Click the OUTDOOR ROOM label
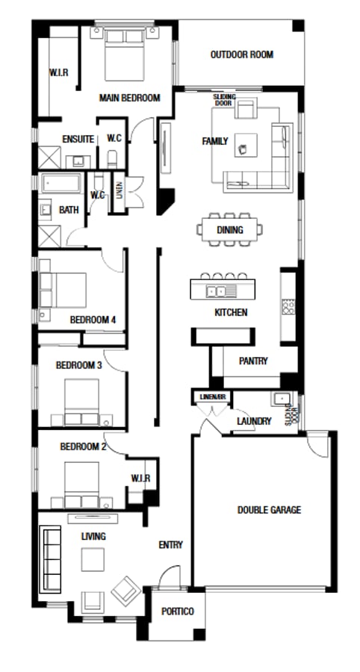[241, 55]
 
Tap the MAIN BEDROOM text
[130, 98]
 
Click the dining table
[230, 230]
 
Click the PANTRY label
[253, 361]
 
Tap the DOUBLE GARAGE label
[269, 510]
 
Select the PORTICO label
[178, 612]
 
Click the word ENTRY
[170, 545]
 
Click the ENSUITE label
[78, 139]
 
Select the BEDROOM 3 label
[79, 365]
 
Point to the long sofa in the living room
[51, 559]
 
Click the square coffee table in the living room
[93, 559]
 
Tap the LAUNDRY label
[254, 421]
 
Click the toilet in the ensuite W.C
[112, 158]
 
